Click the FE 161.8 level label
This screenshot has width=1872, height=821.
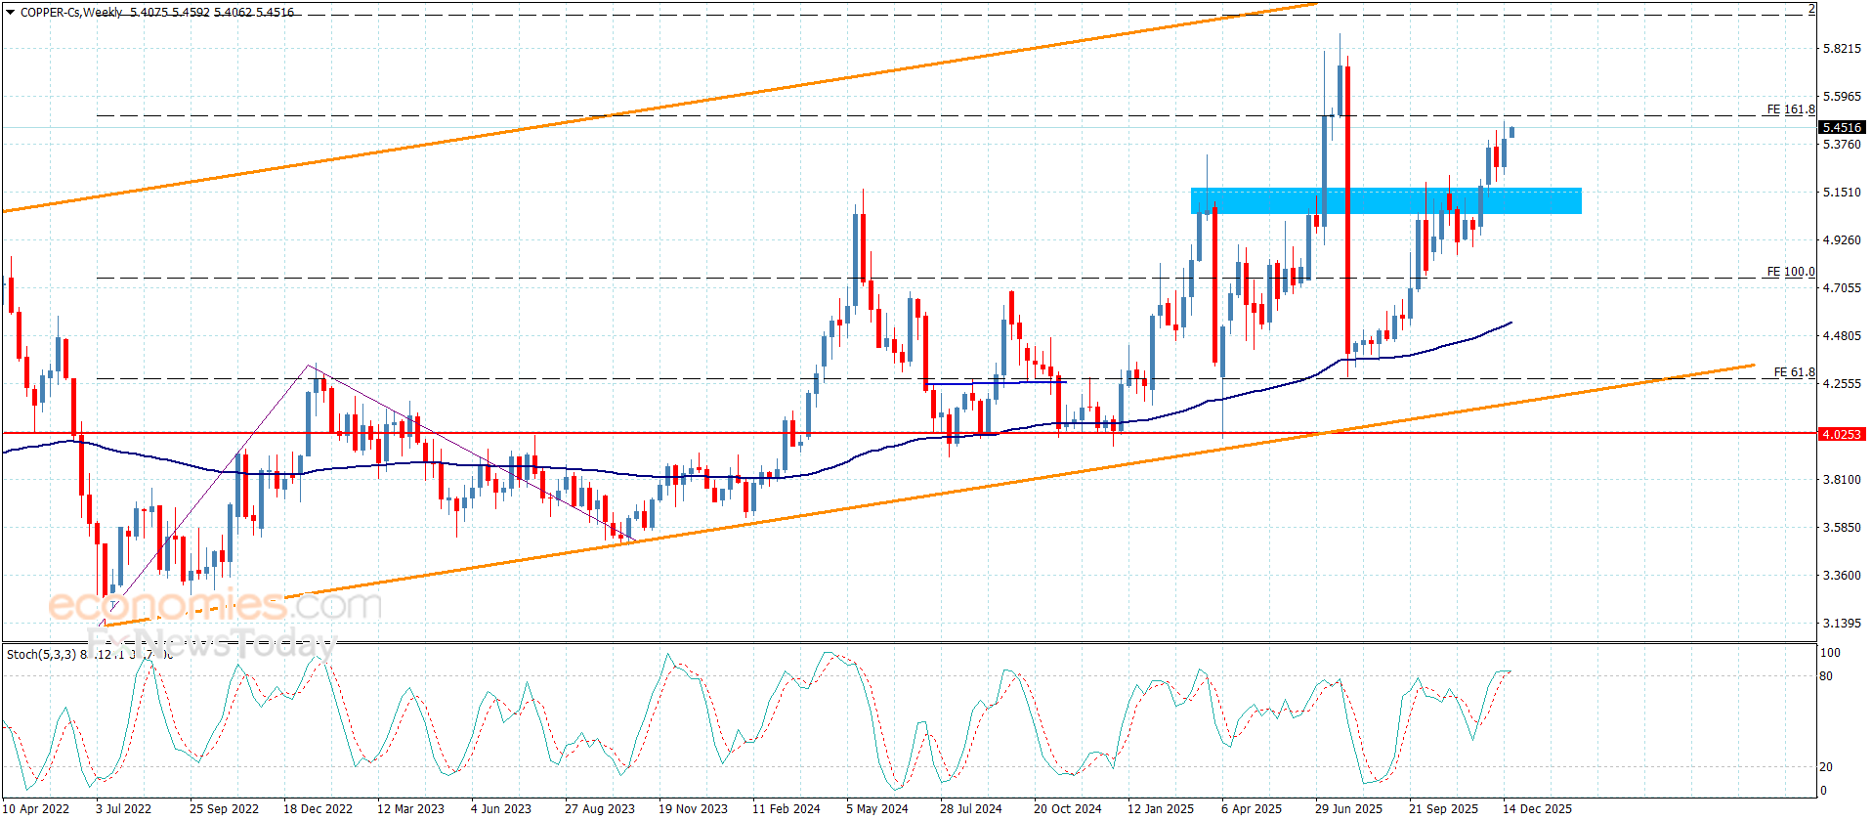1790,109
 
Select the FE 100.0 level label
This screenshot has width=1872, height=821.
1790,272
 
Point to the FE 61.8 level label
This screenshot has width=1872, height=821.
1794,372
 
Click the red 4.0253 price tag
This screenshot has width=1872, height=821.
1841,434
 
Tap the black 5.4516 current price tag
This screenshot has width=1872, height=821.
1841,128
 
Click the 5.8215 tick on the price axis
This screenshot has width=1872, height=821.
1841,49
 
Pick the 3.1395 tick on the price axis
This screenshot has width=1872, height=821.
1841,624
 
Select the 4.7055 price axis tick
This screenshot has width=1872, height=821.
1841,288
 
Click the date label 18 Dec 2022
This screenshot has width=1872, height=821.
318,808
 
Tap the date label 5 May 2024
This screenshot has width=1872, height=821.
876,808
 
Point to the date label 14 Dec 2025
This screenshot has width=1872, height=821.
1537,808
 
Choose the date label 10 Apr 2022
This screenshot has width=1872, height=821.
36,808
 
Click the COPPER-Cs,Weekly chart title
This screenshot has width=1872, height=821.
70,13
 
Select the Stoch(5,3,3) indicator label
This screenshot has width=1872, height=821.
41,654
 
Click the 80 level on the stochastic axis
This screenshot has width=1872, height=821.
1826,676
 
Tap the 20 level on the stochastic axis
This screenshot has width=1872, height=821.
1826,767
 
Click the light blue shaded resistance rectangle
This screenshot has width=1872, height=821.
1385,200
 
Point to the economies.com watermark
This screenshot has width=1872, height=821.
215,606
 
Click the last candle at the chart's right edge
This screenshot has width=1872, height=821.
1511,132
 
